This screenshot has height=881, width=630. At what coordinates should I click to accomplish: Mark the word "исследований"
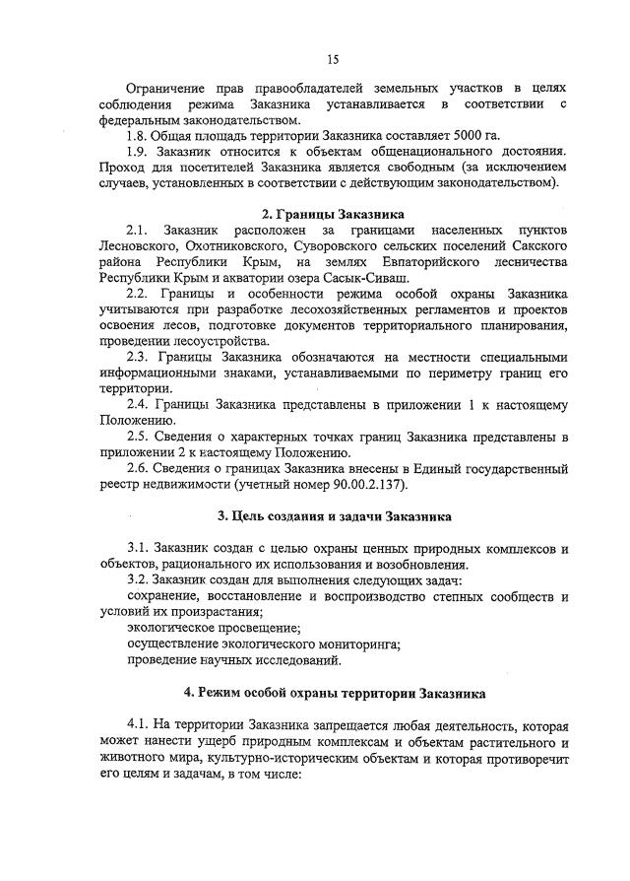click(x=292, y=658)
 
